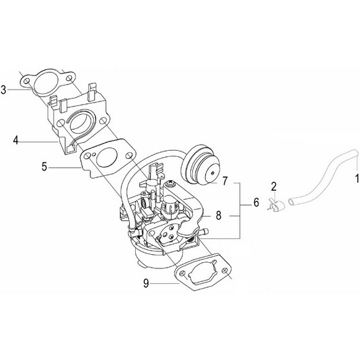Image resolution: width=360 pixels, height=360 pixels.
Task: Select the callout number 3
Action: point(5,88)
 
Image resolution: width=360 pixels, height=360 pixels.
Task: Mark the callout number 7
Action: point(225,183)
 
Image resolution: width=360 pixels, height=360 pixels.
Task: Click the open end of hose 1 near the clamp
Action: point(290,201)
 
